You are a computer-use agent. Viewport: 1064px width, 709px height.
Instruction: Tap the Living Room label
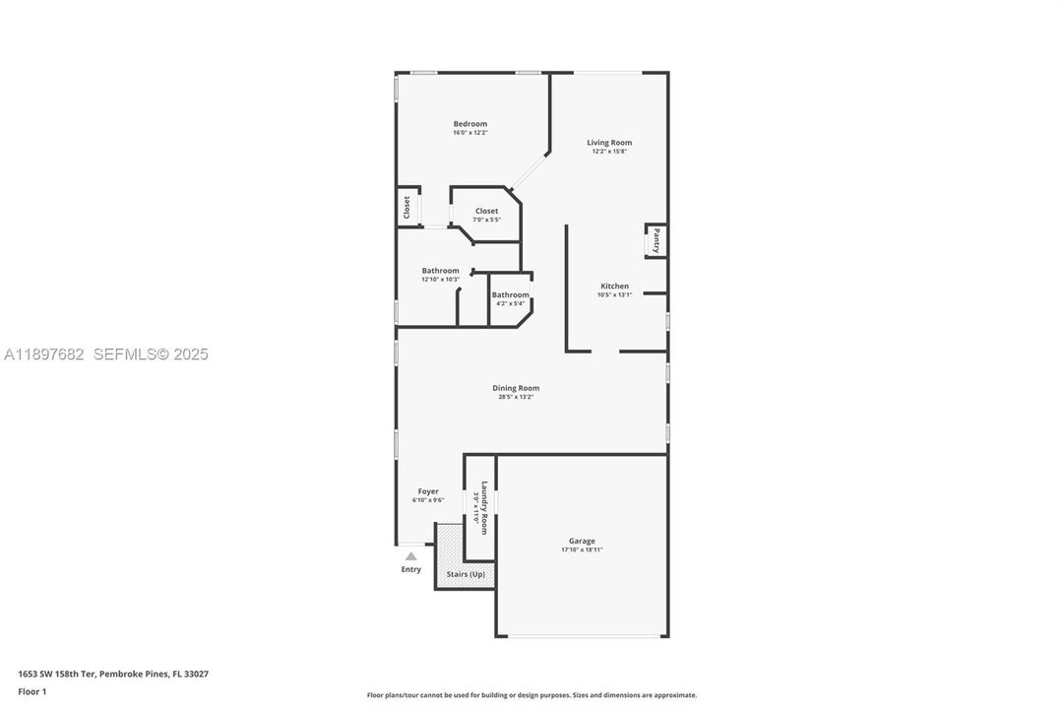[609, 143]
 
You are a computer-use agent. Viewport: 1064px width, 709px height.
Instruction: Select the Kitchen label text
[614, 287]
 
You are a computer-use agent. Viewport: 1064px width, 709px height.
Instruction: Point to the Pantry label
[657, 241]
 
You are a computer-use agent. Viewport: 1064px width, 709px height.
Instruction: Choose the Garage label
[581, 541]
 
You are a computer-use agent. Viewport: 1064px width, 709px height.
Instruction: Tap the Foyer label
[427, 491]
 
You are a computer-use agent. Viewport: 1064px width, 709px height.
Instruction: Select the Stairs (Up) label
[466, 574]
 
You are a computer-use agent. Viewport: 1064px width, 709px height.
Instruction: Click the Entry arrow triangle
[410, 556]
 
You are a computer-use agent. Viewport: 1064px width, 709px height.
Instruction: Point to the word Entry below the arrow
[410, 569]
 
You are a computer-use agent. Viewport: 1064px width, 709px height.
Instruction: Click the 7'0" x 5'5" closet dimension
[486, 220]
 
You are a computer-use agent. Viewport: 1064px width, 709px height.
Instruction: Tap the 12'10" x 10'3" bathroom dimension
[440, 280]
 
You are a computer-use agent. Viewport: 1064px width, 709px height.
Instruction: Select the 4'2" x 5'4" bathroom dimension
[510, 303]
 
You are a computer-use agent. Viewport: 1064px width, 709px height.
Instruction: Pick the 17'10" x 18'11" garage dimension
[581, 549]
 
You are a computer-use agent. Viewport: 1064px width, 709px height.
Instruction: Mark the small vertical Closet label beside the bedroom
[406, 208]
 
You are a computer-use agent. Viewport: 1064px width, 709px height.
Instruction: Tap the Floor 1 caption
[31, 691]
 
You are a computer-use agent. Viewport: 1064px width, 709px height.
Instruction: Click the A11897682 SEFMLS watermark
[105, 354]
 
